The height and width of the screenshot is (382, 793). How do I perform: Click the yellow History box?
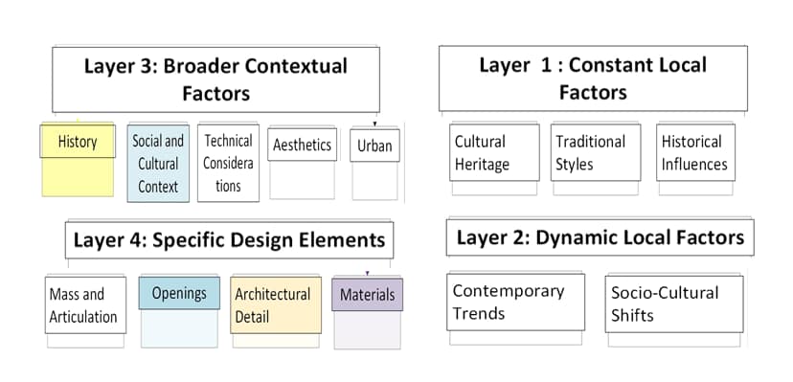pyautogui.click(x=78, y=143)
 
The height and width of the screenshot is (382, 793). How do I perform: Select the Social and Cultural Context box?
pyautogui.click(x=158, y=163)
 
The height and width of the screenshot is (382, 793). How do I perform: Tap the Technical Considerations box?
pyautogui.click(x=228, y=163)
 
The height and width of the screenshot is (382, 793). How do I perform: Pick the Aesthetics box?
pyautogui.click(x=302, y=146)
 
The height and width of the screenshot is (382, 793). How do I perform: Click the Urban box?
pyautogui.click(x=374, y=146)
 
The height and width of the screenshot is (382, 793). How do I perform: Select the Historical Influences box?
pyautogui.click(x=695, y=152)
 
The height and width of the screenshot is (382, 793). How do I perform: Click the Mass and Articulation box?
pyautogui.click(x=84, y=304)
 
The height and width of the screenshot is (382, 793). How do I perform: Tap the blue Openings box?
pyautogui.click(x=179, y=293)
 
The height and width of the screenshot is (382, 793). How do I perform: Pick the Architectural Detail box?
pyautogui.click(x=275, y=304)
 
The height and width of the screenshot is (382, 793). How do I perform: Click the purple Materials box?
pyautogui.click(x=367, y=295)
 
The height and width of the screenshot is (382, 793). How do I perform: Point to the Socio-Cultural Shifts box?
pyautogui.click(x=672, y=303)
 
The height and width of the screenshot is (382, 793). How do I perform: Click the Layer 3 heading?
pyautogui.click(x=215, y=79)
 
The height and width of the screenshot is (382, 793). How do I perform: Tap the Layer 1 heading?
pyautogui.click(x=593, y=78)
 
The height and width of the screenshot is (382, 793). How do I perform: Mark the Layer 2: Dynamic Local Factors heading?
pyautogui.click(x=600, y=236)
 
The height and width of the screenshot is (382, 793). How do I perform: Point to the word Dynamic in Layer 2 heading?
pyautogui.click(x=577, y=236)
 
